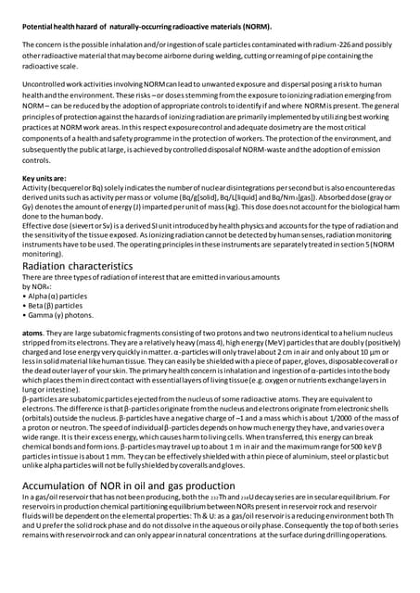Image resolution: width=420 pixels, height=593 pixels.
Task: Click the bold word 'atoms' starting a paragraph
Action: [33, 331]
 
